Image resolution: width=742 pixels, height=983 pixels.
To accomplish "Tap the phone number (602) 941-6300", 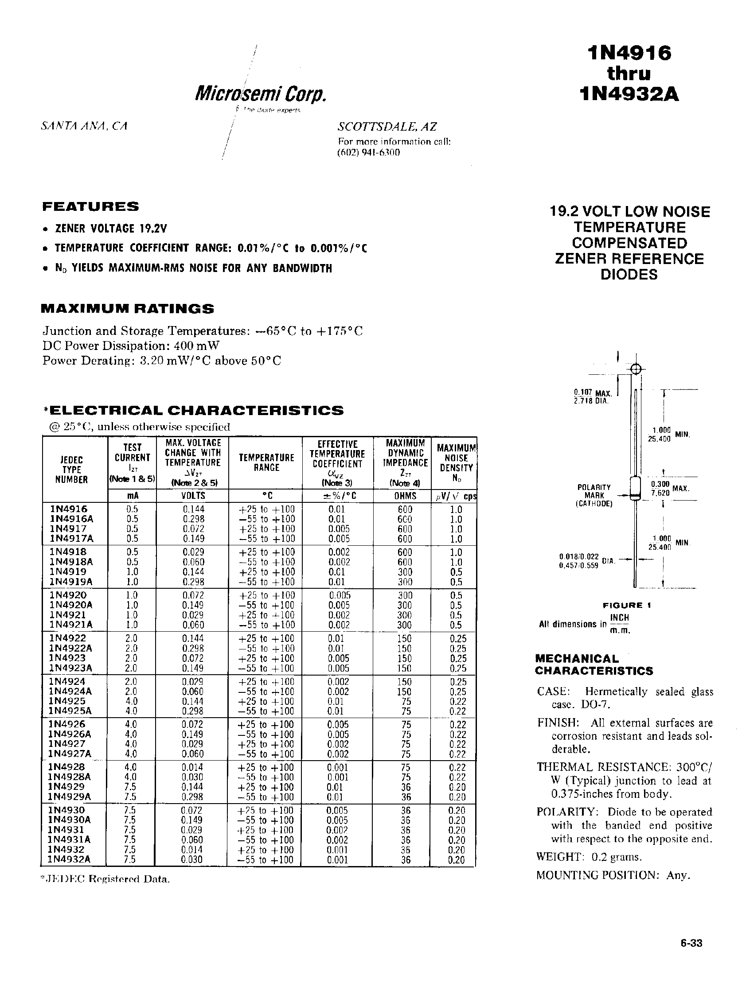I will (368, 152).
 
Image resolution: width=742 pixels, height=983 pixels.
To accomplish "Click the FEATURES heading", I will (90, 206).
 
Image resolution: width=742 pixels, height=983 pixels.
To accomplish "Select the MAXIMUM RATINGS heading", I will (127, 309).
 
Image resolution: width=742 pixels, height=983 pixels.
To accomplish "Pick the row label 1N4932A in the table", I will (70, 859).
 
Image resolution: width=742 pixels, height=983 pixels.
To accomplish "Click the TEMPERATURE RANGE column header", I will (266, 462).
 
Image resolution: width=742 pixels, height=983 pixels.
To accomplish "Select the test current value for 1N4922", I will (132, 639).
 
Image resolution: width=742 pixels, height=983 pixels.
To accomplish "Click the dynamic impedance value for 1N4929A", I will (406, 797).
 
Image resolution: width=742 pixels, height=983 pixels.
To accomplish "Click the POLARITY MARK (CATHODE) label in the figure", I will (594, 495).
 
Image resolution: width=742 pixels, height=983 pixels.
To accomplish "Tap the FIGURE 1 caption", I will (626, 605).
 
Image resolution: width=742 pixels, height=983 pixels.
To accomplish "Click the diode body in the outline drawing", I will (635, 487).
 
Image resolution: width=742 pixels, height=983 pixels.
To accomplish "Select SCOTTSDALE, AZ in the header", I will (387, 127).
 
